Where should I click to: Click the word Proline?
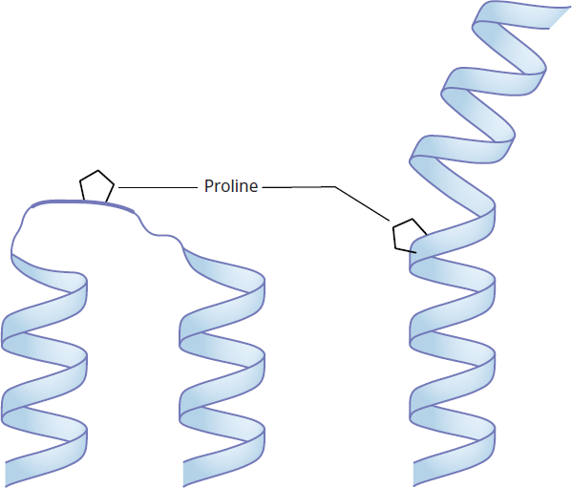(231, 186)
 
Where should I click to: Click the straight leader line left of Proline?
(158, 187)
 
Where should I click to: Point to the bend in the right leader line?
(335, 187)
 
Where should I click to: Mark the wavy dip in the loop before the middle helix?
(160, 234)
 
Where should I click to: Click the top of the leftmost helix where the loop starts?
(12, 253)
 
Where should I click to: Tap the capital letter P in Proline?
(208, 186)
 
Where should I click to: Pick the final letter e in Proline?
(254, 188)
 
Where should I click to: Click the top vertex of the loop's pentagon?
(97, 170)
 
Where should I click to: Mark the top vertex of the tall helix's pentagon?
(413, 220)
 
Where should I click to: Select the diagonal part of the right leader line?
(362, 203)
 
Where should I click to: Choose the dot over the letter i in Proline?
(234, 180)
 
